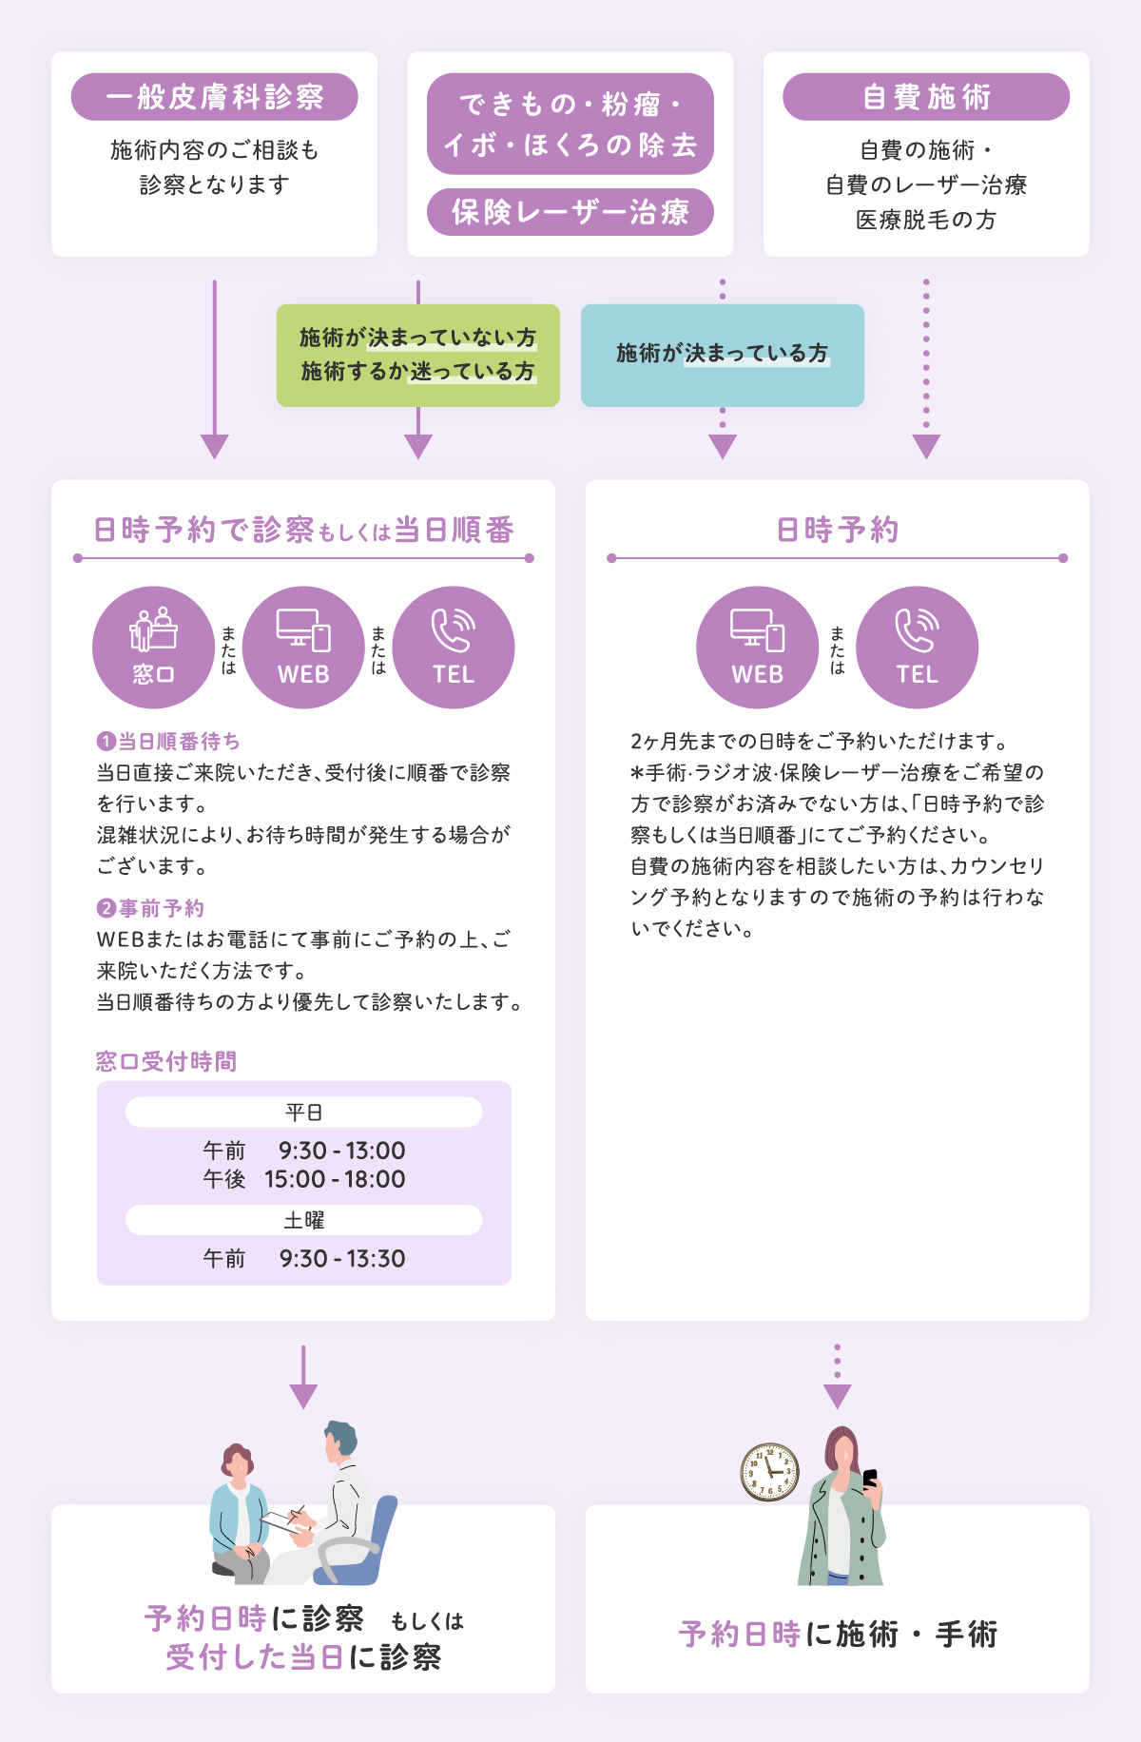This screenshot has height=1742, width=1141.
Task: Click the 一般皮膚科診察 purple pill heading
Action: pos(214,97)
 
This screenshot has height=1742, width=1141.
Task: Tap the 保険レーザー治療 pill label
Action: pos(570,211)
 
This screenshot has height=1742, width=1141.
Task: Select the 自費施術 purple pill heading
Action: pos(925,97)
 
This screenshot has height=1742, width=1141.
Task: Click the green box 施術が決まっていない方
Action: pos(418,355)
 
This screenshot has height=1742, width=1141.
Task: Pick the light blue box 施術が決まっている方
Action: pos(722,355)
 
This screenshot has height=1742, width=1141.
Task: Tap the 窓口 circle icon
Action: pos(153,647)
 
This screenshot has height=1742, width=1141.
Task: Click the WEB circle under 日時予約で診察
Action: pos(303,647)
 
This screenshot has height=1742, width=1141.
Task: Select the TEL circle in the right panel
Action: pos(917,647)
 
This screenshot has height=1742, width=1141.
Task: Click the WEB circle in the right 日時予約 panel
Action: pos(757,647)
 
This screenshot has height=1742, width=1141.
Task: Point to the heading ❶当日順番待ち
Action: pos(168,741)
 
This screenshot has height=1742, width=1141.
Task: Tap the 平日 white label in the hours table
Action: pos(303,1112)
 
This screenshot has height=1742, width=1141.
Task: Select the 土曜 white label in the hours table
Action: pos(303,1220)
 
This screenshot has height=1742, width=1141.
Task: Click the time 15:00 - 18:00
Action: pos(335,1179)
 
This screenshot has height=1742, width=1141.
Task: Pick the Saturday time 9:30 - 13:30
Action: pos(341,1259)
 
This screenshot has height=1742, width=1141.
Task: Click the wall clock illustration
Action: pos(769,1471)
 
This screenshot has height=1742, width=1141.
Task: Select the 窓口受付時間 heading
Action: pos(166,1061)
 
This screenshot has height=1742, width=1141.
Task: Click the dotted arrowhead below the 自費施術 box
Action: pos(925,446)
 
